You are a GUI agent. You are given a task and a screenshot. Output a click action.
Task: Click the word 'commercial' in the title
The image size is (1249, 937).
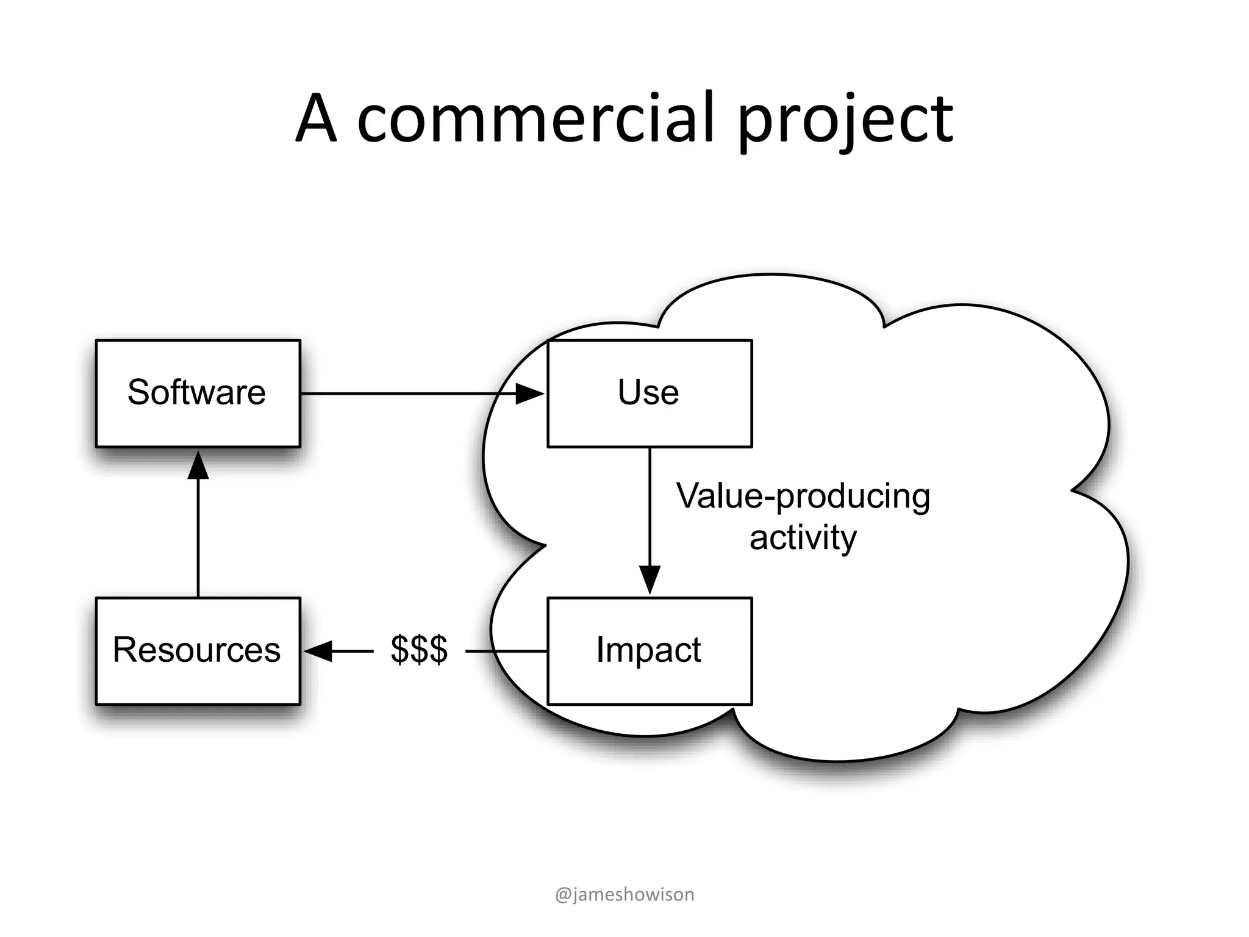tap(535, 119)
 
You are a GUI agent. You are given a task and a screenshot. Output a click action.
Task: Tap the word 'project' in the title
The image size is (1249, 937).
tap(845, 120)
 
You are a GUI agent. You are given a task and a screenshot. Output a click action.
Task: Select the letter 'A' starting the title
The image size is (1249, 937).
tap(316, 119)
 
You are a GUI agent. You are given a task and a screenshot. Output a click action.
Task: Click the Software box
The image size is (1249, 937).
tap(198, 393)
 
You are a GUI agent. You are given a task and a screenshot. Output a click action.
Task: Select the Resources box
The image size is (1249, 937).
tap(198, 651)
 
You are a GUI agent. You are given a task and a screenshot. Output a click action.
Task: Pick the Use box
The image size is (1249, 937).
tap(650, 393)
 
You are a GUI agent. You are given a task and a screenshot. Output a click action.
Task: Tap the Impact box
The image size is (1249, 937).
tap(650, 651)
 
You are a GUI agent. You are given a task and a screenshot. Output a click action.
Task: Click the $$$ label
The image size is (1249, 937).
tap(419, 650)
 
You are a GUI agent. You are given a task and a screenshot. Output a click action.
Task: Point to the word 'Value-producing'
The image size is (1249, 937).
tap(803, 496)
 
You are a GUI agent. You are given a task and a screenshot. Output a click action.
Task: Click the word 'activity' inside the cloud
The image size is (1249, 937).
tap(803, 538)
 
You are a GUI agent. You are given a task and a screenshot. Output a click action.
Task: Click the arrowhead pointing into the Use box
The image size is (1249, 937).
tap(529, 393)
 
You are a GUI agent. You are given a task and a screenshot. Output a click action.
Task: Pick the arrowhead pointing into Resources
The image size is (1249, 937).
tap(318, 651)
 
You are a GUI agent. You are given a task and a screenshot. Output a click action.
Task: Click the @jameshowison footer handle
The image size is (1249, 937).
tap(624, 894)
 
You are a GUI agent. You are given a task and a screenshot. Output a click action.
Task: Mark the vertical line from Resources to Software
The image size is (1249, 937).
tap(198, 537)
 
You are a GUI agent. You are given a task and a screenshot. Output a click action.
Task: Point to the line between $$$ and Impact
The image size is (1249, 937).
tap(506, 651)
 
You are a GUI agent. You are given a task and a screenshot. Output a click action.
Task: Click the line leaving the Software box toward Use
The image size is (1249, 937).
tap(403, 393)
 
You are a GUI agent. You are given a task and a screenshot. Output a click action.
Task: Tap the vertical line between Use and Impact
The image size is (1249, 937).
tap(650, 506)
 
